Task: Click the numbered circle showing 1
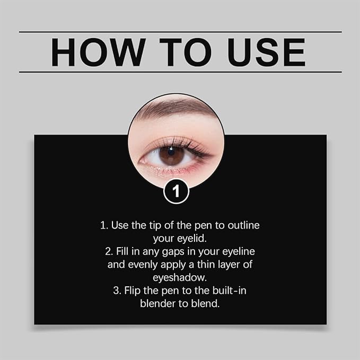pyautogui.click(x=176, y=191)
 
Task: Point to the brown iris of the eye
pyautogui.click(x=171, y=155)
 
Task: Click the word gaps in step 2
pyautogui.click(x=172, y=251)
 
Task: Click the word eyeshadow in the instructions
pyautogui.click(x=180, y=277)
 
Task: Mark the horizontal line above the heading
pyautogui.click(x=180, y=32)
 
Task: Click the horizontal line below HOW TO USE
pyautogui.click(x=180, y=72)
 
